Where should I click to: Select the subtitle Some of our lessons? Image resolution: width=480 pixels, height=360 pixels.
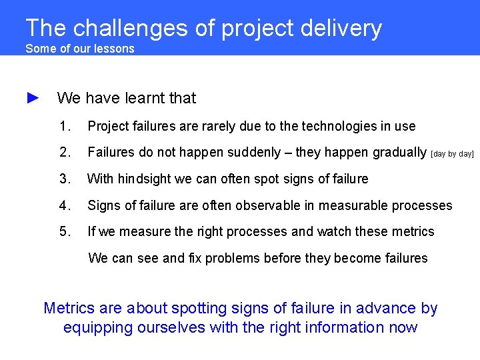[x=79, y=49]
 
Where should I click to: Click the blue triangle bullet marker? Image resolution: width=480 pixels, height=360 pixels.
[x=33, y=98]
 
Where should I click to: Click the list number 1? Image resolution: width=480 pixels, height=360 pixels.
[x=65, y=126]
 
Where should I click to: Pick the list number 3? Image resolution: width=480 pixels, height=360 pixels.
[x=65, y=179]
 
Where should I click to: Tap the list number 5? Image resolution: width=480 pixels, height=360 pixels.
[x=65, y=231]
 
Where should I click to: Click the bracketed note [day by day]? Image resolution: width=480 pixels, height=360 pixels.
[x=453, y=154]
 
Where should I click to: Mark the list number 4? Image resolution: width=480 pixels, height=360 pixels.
[x=65, y=205]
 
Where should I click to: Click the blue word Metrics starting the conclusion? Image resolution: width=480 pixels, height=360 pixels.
[x=68, y=308]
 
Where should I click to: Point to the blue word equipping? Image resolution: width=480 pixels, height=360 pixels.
[x=97, y=327]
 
